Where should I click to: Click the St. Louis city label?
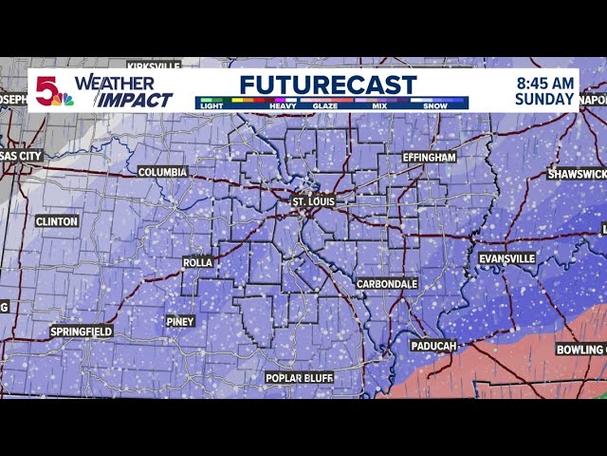(x=313, y=202)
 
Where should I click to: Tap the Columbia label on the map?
(x=162, y=172)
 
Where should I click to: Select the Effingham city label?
(x=429, y=157)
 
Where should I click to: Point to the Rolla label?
(x=197, y=262)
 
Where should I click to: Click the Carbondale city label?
(x=387, y=284)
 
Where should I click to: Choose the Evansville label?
(x=506, y=258)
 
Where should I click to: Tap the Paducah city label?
(x=434, y=346)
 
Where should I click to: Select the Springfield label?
(x=82, y=332)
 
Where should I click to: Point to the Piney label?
(x=180, y=322)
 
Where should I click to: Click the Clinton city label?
(x=56, y=221)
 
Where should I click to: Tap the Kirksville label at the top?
(x=152, y=66)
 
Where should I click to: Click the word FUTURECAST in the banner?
(x=327, y=84)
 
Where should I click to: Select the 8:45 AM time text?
(x=545, y=82)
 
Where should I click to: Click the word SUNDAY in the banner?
(x=545, y=99)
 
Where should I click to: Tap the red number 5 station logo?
(x=47, y=89)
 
